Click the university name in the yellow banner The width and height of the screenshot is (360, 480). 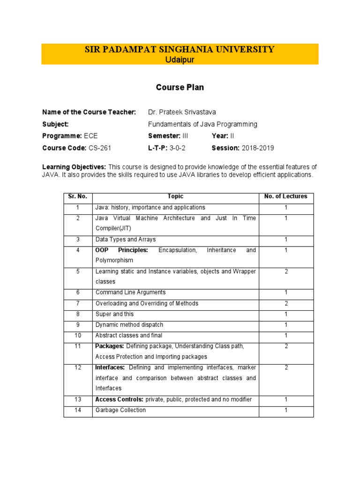pos(180,50)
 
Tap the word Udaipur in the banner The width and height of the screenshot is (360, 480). pos(180,60)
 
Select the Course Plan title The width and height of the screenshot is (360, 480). pos(180,88)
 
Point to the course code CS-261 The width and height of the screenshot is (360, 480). pos(100,148)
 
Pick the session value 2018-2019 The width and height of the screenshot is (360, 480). pos(258,148)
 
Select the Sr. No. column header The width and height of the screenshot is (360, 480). pos(78,196)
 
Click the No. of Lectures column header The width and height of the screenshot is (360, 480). pos(285,196)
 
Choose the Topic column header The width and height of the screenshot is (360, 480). pos(175,196)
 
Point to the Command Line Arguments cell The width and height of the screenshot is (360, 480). pos(130,292)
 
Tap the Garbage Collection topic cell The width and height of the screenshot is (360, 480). pos(120,410)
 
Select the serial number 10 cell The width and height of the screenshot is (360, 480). pos(78,336)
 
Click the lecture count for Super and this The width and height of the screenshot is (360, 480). pos(286,314)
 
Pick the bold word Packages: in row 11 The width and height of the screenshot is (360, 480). pos(109,346)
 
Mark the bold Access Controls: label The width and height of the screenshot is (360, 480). pos(119,399)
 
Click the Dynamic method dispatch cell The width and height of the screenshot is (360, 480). pos(129,325)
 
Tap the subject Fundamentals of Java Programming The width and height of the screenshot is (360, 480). pos(202,124)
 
